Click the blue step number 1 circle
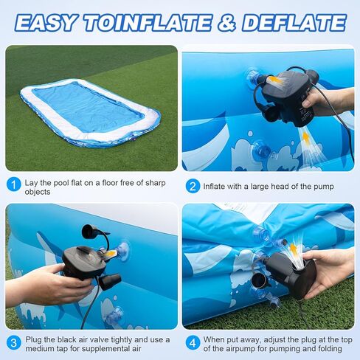pyautogui.click(x=14, y=184)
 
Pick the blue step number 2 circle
pyautogui.click(x=192, y=186)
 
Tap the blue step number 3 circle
pyautogui.click(x=14, y=343)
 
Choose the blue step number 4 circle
pyautogui.click(x=192, y=343)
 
